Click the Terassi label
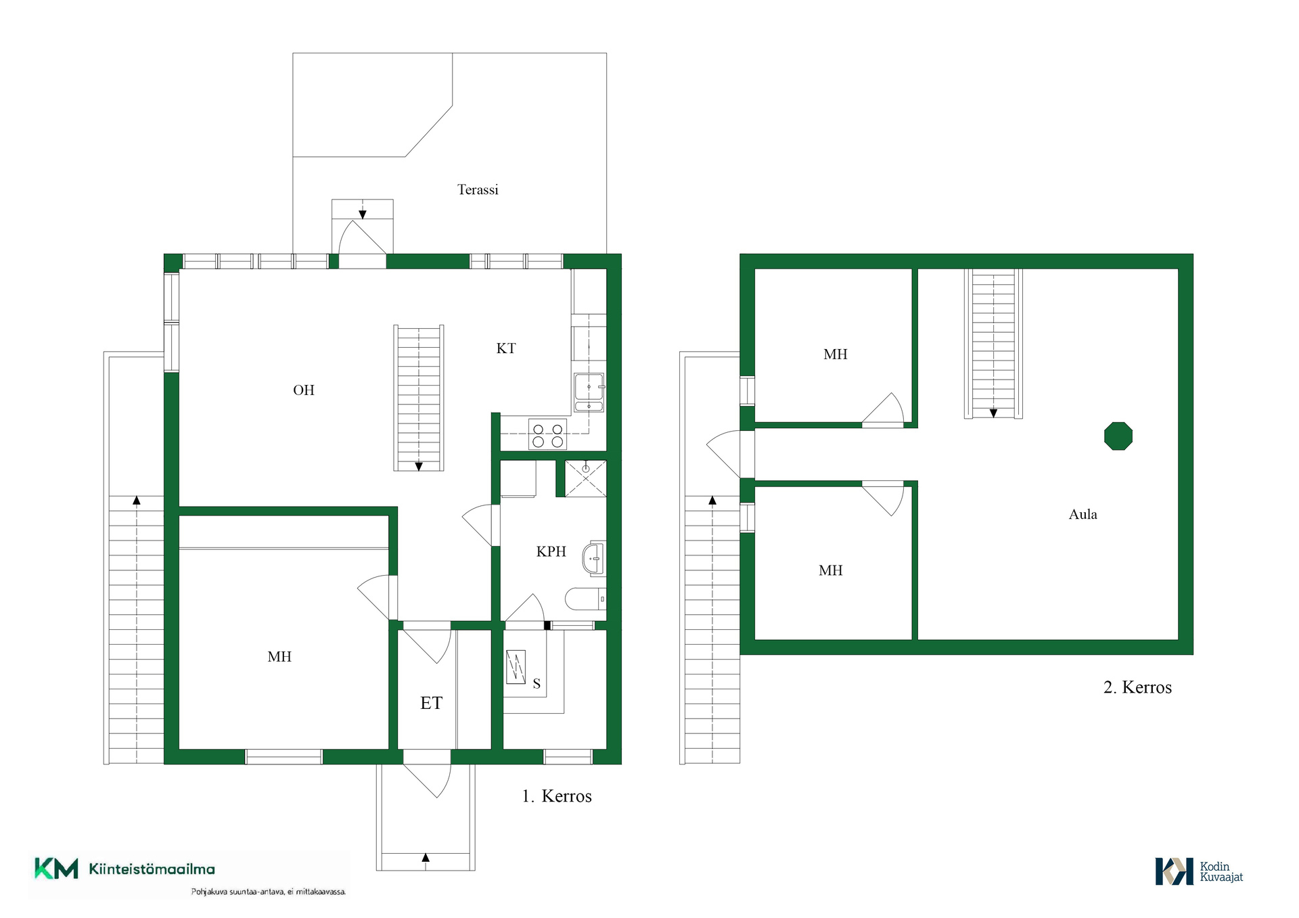[478, 189]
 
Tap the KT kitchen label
[506, 348]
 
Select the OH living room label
[304, 390]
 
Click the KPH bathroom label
[551, 551]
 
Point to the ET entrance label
[431, 703]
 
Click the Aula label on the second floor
[1082, 514]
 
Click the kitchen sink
[589, 392]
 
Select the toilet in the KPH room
[585, 599]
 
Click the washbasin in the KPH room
[594, 559]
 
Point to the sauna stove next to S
[516, 667]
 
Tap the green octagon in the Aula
[1118, 436]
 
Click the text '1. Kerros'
[557, 796]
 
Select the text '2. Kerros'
[1137, 687]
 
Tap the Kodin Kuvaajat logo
[1199, 871]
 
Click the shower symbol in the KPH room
[586, 478]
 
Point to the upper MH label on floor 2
[836, 354]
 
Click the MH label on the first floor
[279, 656]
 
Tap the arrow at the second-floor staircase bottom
[993, 413]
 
